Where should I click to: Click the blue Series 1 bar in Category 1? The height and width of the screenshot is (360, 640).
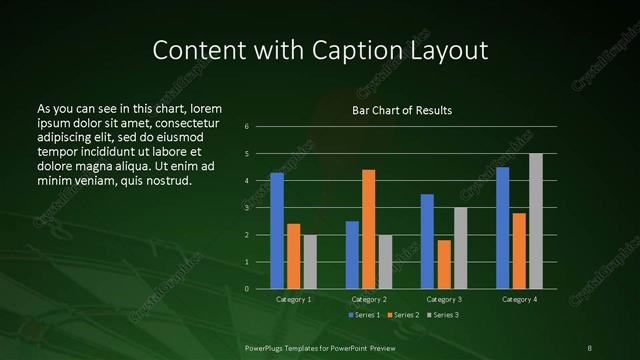tap(277, 231)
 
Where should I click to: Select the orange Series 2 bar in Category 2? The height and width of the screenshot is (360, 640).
tap(369, 229)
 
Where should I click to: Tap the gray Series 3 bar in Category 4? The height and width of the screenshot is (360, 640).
tap(536, 221)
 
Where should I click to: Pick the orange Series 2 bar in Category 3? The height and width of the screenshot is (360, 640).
tap(444, 264)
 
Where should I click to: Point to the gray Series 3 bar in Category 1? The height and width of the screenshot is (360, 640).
tap(310, 262)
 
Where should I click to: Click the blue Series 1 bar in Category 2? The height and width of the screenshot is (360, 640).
tap(352, 255)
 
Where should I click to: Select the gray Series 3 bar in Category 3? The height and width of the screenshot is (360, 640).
tap(461, 248)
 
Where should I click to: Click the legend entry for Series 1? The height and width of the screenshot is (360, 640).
tap(364, 315)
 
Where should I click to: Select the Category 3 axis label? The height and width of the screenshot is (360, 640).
tap(444, 299)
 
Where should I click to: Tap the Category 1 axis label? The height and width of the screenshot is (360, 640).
tap(294, 299)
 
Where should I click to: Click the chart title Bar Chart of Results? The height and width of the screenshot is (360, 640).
tap(402, 110)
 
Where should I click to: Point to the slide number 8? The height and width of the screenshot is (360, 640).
tap(590, 347)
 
